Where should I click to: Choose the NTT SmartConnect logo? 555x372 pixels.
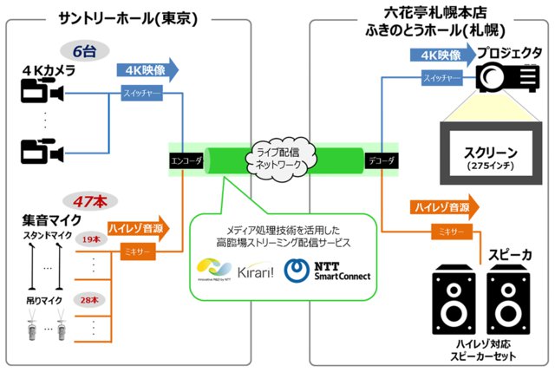328,271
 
